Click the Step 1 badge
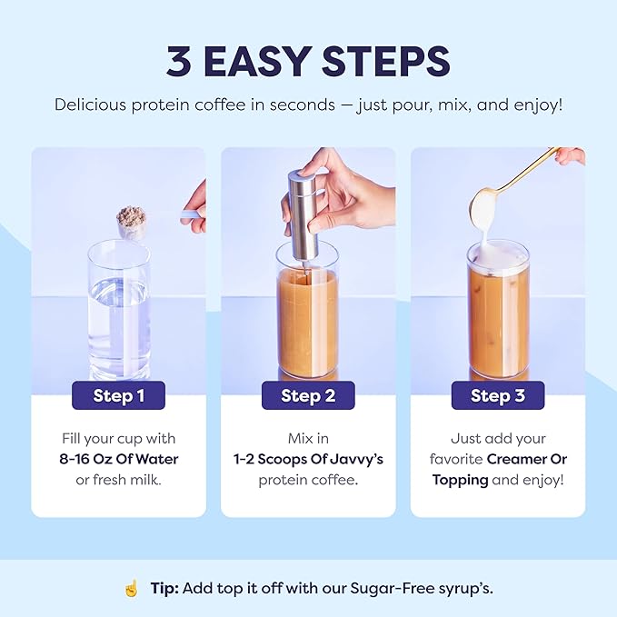[118, 395]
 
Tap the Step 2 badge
[308, 395]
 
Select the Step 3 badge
[496, 395]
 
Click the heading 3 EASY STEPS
[308, 61]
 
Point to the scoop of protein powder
[132, 219]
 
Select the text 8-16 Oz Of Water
[118, 459]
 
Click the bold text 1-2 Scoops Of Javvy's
[308, 459]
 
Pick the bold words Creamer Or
[523, 459]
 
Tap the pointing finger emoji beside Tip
[133, 588]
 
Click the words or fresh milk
[118, 480]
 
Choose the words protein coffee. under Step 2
[308, 480]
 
